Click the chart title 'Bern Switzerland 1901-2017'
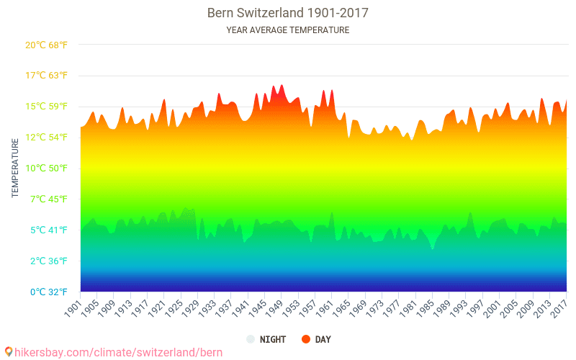[x=288, y=13]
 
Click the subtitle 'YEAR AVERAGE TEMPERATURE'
[x=288, y=30]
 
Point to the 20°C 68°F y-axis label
[x=46, y=45]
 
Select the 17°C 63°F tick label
[x=46, y=76]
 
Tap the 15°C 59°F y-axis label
[x=46, y=107]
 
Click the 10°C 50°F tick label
[x=46, y=168]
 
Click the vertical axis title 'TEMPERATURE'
[x=15, y=168]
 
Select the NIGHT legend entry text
[x=274, y=339]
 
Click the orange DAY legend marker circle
[x=305, y=339]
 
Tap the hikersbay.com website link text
[x=118, y=352]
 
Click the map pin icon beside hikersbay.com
[x=8, y=351]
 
